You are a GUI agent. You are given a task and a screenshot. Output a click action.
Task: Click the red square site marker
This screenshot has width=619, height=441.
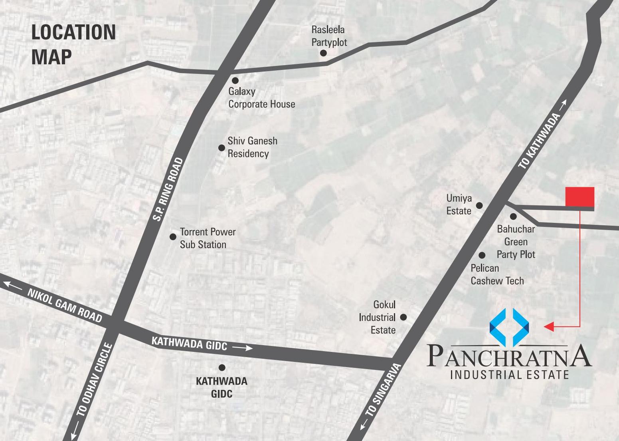pos(579,197)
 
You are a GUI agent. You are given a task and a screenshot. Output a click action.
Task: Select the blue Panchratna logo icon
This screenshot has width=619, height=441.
pos(509,327)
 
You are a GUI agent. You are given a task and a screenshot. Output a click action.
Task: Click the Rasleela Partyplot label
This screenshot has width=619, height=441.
pos(329,36)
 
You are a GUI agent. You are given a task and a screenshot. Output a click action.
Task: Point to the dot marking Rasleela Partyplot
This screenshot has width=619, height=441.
pos(323,53)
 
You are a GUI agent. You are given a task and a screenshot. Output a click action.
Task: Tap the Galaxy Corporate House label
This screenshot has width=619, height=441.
pos(261,98)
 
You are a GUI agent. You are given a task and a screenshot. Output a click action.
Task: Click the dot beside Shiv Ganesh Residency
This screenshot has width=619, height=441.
pos(221,148)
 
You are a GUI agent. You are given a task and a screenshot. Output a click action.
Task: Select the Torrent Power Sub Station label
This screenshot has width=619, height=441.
pos(208,238)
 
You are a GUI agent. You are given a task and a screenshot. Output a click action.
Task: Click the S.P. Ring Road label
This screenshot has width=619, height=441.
pos(168,189)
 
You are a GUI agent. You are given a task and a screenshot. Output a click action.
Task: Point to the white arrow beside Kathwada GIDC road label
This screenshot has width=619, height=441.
pos(243,348)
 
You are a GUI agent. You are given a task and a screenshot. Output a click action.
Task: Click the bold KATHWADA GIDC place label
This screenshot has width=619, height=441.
pos(221,387)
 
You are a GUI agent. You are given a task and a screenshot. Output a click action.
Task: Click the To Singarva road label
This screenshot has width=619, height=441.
pos(383,389)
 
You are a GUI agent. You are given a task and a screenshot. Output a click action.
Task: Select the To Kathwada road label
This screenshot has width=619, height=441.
pos(539,141)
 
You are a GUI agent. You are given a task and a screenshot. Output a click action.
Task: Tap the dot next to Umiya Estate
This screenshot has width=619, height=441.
pos(479,205)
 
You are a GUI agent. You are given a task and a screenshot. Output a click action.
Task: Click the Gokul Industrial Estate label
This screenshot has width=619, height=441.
pos(377,318)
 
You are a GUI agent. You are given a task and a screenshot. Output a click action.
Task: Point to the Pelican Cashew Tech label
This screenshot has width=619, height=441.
pos(497,274)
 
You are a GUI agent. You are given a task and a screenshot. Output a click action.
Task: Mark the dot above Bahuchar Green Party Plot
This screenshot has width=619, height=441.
pos(513,217)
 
